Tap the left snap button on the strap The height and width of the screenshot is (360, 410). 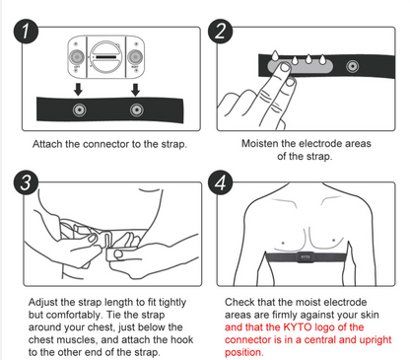click(78, 108)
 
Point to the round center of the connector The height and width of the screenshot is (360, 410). click(105, 58)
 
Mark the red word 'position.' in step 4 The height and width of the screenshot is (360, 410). click(245, 352)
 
